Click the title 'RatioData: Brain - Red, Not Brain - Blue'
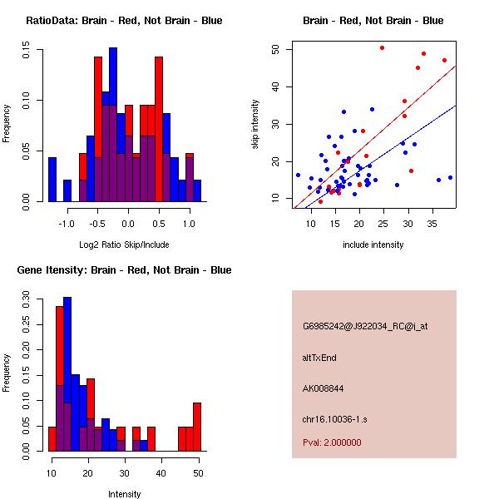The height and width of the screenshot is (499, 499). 124,21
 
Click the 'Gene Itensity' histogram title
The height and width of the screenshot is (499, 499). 124,270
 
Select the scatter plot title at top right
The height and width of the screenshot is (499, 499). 373,21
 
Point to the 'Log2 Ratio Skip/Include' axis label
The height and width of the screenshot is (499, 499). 124,245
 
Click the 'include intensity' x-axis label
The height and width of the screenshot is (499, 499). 373,245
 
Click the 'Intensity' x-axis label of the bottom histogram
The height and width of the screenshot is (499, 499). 124,494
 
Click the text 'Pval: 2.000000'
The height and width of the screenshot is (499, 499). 332,442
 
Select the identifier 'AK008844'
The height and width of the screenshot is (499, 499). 324,388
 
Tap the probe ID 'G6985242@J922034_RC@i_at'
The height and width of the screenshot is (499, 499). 365,327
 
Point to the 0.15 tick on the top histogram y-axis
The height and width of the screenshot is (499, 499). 27,51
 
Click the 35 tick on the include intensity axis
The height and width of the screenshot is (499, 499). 433,225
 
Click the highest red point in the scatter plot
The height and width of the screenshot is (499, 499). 382,48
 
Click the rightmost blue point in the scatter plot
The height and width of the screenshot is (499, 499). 450,177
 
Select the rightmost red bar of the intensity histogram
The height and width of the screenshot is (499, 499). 197,427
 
